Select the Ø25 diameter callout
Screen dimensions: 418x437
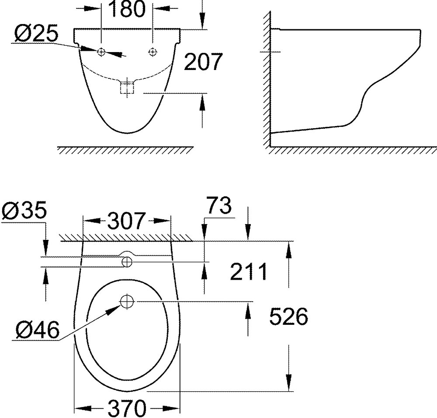coord(35,34)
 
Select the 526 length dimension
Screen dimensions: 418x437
coord(288,316)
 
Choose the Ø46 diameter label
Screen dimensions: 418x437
coord(37,329)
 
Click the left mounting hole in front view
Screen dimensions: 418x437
coord(101,52)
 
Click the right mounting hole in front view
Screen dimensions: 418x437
coord(152,52)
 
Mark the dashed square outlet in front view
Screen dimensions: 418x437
coord(127,88)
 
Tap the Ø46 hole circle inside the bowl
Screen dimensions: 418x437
coord(127,301)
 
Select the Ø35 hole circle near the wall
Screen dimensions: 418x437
coord(127,262)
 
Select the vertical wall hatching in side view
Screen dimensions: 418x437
coord(266,79)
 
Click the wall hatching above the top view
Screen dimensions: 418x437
coord(127,237)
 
